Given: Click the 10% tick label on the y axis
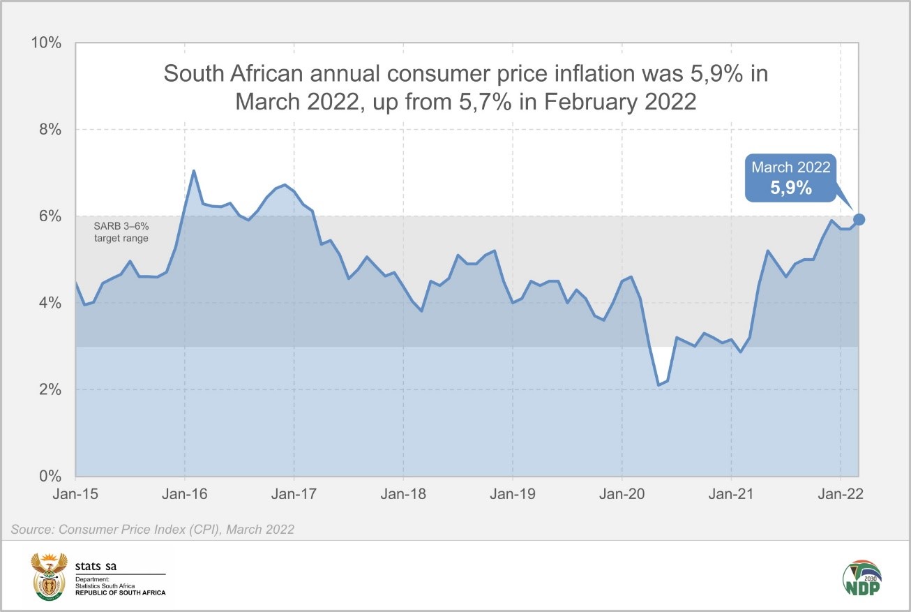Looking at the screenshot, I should pyautogui.click(x=46, y=43).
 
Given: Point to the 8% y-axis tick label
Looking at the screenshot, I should pyautogui.click(x=50, y=130).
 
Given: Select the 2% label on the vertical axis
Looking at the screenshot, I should pyautogui.click(x=50, y=389).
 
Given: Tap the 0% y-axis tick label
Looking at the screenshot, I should pyautogui.click(x=50, y=476).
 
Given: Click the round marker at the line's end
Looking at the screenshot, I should pyautogui.click(x=859, y=220).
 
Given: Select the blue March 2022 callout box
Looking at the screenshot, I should pyautogui.click(x=790, y=178).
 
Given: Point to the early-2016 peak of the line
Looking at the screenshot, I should pyautogui.click(x=194, y=170).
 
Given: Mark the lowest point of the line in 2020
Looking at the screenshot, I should pyautogui.click(x=658, y=385).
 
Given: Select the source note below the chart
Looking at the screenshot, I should pyautogui.click(x=152, y=530).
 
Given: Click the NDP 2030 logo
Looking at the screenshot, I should pyautogui.click(x=861, y=579).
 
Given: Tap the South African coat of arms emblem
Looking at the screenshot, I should pyautogui.click(x=49, y=576).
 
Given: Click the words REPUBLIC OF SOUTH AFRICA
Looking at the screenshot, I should pyautogui.click(x=121, y=592).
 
